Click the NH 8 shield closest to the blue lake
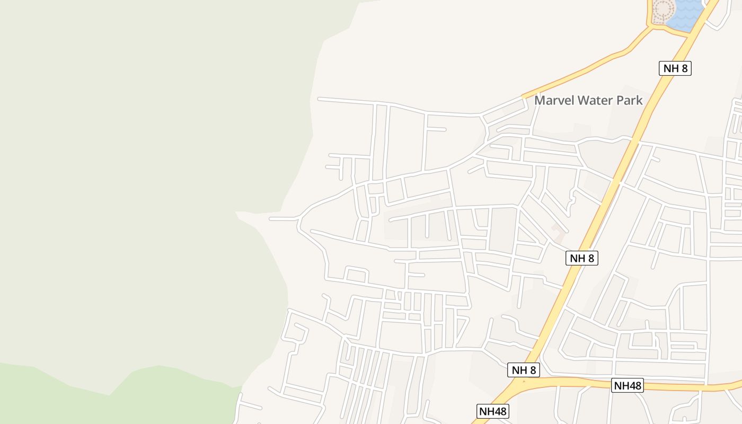(x=675, y=68)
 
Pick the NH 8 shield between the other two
(x=582, y=258)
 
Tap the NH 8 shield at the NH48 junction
(x=524, y=370)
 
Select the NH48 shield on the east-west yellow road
(x=628, y=385)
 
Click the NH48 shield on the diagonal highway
(x=493, y=411)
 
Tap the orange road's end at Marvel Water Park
(x=524, y=96)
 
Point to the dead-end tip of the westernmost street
(x=270, y=218)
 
